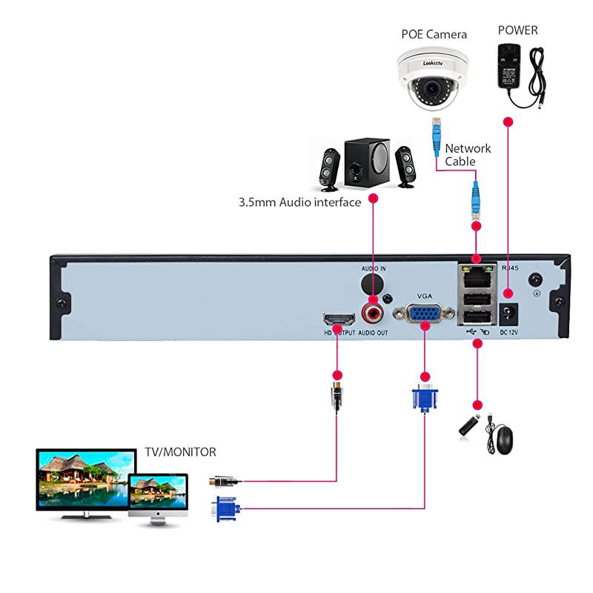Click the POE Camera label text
pos(434,34)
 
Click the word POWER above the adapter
pos(517,30)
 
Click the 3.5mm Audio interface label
pos(299,202)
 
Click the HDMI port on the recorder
pos(338,320)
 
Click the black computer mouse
pos(504,440)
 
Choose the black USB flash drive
pos(473,423)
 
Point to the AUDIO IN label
pos(374,268)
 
